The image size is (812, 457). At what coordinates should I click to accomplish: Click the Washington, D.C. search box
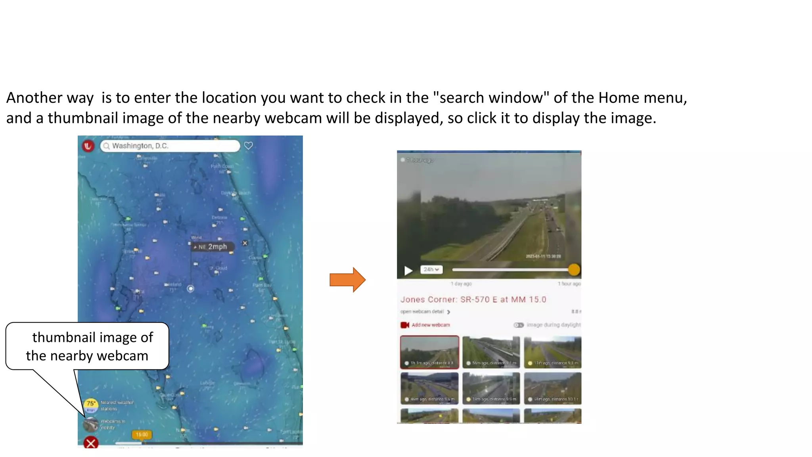170,146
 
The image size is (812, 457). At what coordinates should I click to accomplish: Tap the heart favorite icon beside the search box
249,146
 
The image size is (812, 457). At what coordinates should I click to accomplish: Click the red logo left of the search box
88,146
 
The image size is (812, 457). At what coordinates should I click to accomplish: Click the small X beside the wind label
245,243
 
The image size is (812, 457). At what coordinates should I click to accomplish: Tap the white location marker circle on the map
191,288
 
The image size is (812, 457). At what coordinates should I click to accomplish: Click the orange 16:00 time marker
142,435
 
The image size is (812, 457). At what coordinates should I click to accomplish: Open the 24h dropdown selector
431,270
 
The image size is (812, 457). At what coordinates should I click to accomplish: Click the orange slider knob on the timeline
574,270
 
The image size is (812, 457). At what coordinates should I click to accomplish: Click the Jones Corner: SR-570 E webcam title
473,300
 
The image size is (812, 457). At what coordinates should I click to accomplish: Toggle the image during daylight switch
519,325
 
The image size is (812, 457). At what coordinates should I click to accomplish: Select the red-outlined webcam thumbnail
429,352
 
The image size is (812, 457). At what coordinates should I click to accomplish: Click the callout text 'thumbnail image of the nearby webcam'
88,346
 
